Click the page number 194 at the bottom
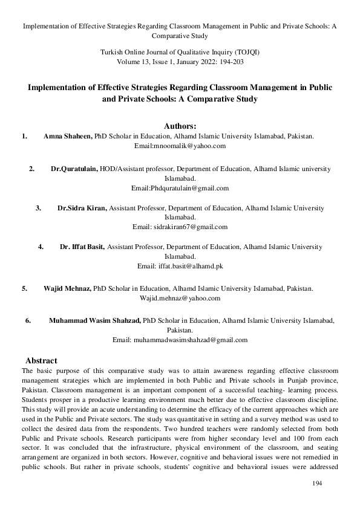317,484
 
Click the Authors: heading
180,126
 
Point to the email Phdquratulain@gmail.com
180,188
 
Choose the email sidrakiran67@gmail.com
180,227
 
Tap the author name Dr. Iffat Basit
82,247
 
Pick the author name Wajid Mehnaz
67,289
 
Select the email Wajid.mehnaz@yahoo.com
180,298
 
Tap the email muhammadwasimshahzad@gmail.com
180,340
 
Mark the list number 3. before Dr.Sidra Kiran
38,209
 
